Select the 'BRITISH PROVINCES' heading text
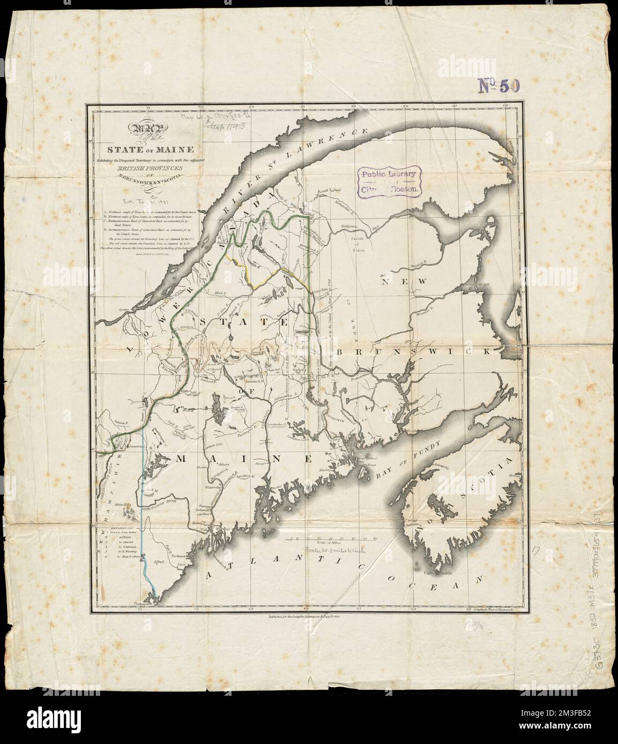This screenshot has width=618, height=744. pos(147,168)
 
